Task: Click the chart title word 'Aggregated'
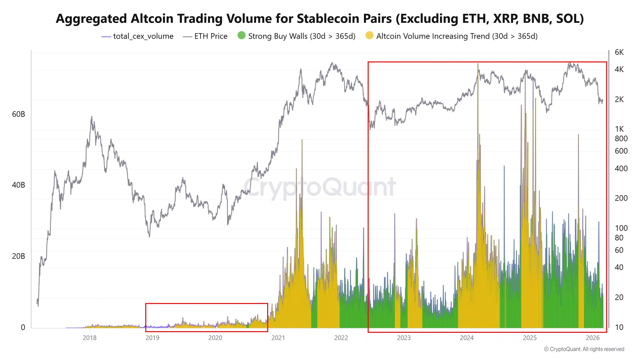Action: click(x=92, y=19)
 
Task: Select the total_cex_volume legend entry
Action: click(x=143, y=36)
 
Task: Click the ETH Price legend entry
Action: click(x=211, y=36)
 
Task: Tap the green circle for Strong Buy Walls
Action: click(x=242, y=36)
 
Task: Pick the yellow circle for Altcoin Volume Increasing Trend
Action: click(x=369, y=36)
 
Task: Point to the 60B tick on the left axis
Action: click(x=18, y=114)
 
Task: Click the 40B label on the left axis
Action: click(x=18, y=185)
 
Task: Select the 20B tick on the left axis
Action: click(x=18, y=256)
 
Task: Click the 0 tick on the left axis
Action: click(x=23, y=327)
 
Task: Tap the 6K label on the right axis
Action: click(x=619, y=52)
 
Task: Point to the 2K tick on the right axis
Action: click(x=619, y=100)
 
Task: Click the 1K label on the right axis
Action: click(x=619, y=129)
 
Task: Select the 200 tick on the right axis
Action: click(x=621, y=198)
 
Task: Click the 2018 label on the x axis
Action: click(x=90, y=338)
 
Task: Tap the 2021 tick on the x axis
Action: click(x=278, y=338)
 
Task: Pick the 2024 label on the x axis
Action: click(x=467, y=338)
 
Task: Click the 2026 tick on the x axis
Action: click(x=592, y=338)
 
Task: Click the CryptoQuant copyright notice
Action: click(x=584, y=349)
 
